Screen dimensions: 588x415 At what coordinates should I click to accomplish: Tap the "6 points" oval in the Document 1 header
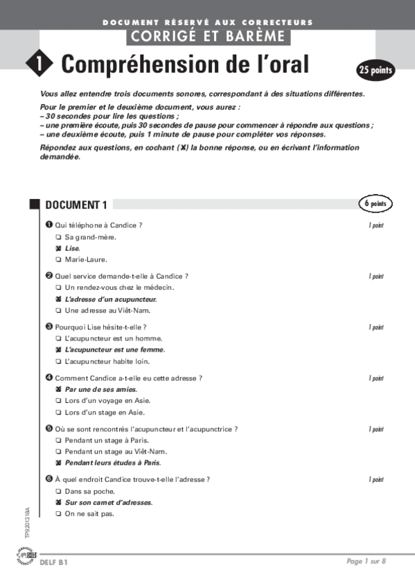[x=375, y=203]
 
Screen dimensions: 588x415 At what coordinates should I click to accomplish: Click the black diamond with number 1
[x=39, y=64]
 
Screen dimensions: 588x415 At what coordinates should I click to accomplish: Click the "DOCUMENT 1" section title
[x=76, y=205]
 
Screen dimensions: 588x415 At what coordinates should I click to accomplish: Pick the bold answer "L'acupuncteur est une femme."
[x=114, y=349]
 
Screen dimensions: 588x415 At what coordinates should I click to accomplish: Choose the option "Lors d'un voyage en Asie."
[x=107, y=401]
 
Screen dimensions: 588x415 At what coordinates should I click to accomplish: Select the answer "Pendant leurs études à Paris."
[x=117, y=462]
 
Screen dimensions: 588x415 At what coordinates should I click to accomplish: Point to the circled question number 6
[x=48, y=479]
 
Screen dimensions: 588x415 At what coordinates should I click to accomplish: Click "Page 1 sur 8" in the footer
[x=366, y=561]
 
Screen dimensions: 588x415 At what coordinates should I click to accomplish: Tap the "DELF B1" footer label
[x=54, y=562]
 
